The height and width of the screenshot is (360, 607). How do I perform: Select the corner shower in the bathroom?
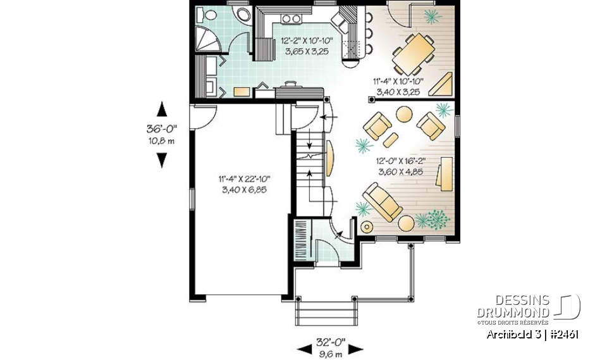[207, 40]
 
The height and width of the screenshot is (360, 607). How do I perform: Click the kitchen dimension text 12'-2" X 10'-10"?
[305, 42]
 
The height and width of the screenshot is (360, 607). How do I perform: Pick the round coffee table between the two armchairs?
[403, 114]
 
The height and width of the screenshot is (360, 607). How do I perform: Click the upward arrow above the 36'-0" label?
[162, 108]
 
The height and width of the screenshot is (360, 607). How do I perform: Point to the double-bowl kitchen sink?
[291, 18]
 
